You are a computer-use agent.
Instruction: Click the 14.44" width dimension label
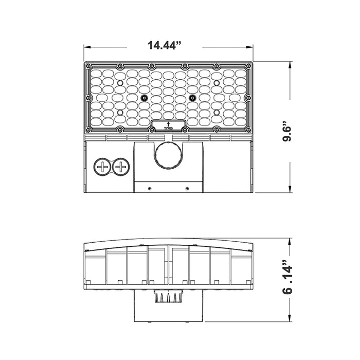pyautogui.click(x=165, y=45)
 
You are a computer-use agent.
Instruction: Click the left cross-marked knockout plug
pyautogui.click(x=103, y=167)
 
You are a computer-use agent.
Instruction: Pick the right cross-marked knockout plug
pyautogui.click(x=121, y=167)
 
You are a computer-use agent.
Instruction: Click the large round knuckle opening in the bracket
pyautogui.click(x=169, y=155)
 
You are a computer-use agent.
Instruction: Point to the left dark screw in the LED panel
pyautogui.click(x=144, y=98)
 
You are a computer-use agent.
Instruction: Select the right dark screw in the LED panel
pyautogui.click(x=193, y=98)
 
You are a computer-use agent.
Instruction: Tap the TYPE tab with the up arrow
pyautogui.click(x=169, y=125)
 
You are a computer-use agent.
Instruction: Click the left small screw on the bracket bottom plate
pyautogui.click(x=149, y=188)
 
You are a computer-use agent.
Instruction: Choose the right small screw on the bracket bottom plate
pyautogui.click(x=187, y=188)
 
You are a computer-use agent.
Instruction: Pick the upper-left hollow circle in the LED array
pyautogui.click(x=120, y=83)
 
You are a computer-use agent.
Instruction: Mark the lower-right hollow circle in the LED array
pyautogui.click(x=217, y=112)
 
